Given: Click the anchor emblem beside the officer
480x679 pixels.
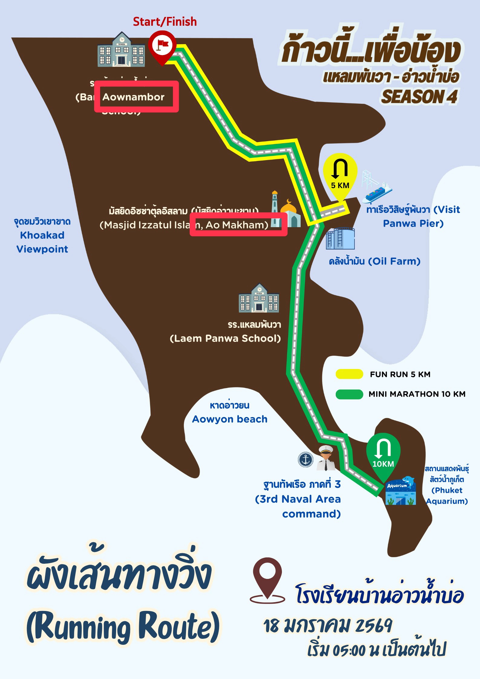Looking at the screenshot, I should (x=306, y=459).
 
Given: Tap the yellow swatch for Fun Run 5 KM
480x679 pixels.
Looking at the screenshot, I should (x=349, y=374).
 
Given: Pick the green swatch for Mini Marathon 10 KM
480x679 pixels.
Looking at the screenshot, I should (x=349, y=394).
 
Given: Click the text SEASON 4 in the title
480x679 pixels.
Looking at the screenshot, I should (x=419, y=97).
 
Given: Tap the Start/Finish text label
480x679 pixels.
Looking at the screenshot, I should (x=165, y=22).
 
